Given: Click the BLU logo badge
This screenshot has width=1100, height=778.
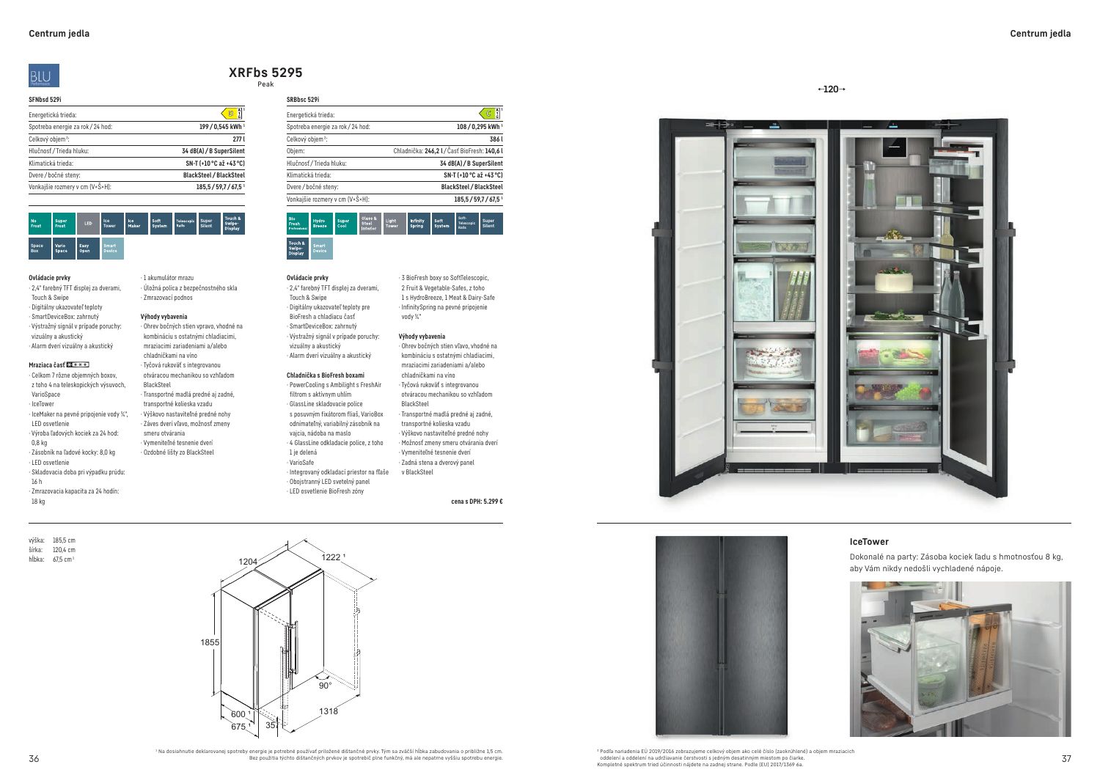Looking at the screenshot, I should pos(44,76).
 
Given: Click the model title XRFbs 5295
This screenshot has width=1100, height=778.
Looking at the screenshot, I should pos(265,73).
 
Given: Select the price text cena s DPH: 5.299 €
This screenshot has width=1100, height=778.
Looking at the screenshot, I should pos(477,502).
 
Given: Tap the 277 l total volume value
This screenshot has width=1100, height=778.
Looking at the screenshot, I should pos(238,139).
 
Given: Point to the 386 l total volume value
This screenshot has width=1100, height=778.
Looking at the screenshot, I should pos(496,139).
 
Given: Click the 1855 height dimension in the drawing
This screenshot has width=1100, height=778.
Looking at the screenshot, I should pos(210,642).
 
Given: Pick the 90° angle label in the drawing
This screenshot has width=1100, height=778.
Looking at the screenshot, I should pos(325,686).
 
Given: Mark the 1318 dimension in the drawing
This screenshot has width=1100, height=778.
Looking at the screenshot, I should pos(329,711).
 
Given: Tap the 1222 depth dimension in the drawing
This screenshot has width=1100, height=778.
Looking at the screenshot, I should pos(332,557).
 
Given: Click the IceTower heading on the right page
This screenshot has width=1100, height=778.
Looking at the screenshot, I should pos(869,542).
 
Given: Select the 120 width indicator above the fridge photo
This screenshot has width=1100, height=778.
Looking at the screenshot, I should pos(831,89).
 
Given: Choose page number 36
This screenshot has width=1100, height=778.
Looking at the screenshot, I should pos(34,758).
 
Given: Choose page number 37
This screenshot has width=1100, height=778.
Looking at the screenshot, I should pos(1066,758).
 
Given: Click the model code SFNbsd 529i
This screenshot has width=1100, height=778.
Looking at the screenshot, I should pos(45,99).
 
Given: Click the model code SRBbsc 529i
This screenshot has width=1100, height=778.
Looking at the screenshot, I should pos(303,99).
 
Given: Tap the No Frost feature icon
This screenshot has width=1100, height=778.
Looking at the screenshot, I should pos(39,224).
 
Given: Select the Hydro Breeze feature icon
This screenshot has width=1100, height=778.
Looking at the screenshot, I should pos(321,224).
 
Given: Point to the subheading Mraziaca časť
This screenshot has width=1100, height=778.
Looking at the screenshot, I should pos(48,364).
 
